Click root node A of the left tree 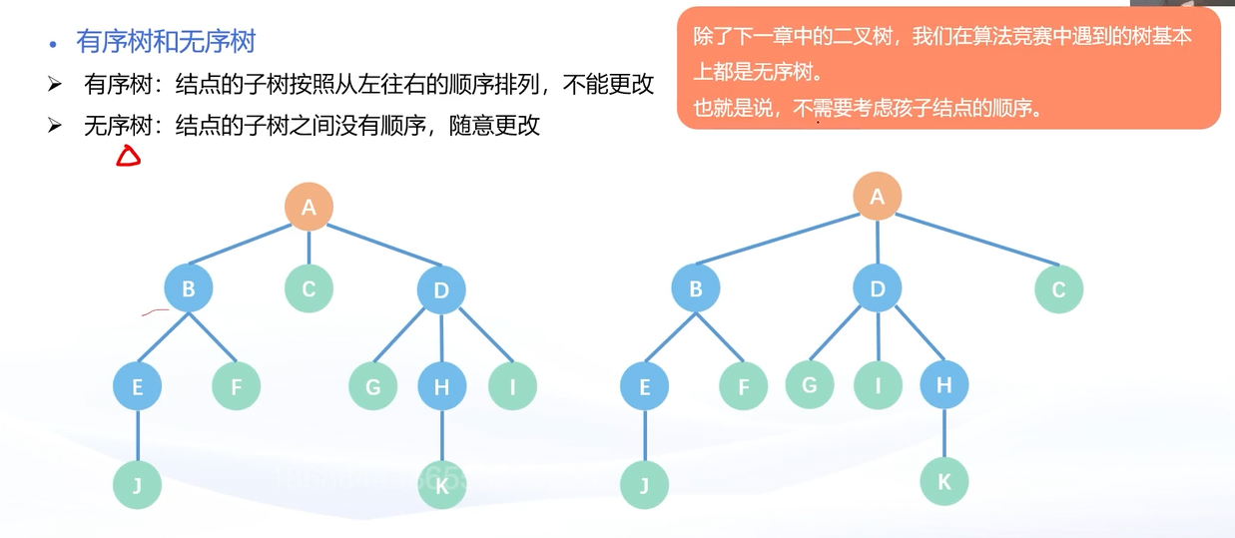[x=309, y=207]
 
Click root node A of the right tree [x=877, y=197]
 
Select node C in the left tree [x=309, y=289]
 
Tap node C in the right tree [x=1058, y=290]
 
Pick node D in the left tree [x=441, y=290]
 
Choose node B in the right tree [x=696, y=289]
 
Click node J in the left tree [x=138, y=485]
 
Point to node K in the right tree [x=943, y=482]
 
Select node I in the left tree [x=512, y=386]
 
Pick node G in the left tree [x=373, y=386]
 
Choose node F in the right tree [x=744, y=386]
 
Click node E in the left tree [x=138, y=386]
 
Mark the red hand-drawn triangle [x=128, y=156]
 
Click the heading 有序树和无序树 [x=166, y=42]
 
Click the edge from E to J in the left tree [x=138, y=436]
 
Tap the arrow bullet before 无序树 [x=55, y=126]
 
